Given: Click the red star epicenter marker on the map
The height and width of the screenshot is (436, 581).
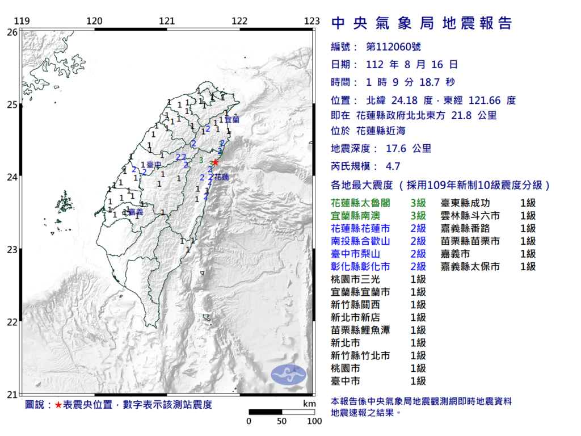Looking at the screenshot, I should pos(215,162).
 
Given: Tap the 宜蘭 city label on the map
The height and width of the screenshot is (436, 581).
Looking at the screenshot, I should pos(232,120).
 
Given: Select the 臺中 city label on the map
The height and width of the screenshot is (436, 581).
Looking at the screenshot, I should pos(151,165).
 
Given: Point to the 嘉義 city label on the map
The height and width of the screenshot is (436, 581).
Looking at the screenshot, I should pos(136,212).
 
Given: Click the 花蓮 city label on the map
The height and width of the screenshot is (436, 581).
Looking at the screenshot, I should pos(221,178).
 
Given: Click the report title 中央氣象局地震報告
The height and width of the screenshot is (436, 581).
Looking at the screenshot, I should pos(421,23).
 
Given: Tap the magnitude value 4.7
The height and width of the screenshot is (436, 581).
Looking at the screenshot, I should pos(393,166).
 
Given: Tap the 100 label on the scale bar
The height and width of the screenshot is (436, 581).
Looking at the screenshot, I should pos(314,421).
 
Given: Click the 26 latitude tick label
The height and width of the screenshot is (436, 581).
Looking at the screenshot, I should pos(12,32).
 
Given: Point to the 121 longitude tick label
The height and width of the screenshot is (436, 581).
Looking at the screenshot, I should pos(167,22).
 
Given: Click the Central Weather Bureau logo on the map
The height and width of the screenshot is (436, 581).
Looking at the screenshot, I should pos(288,374).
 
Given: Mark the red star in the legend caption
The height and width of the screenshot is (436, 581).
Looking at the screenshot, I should pos(58,405).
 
